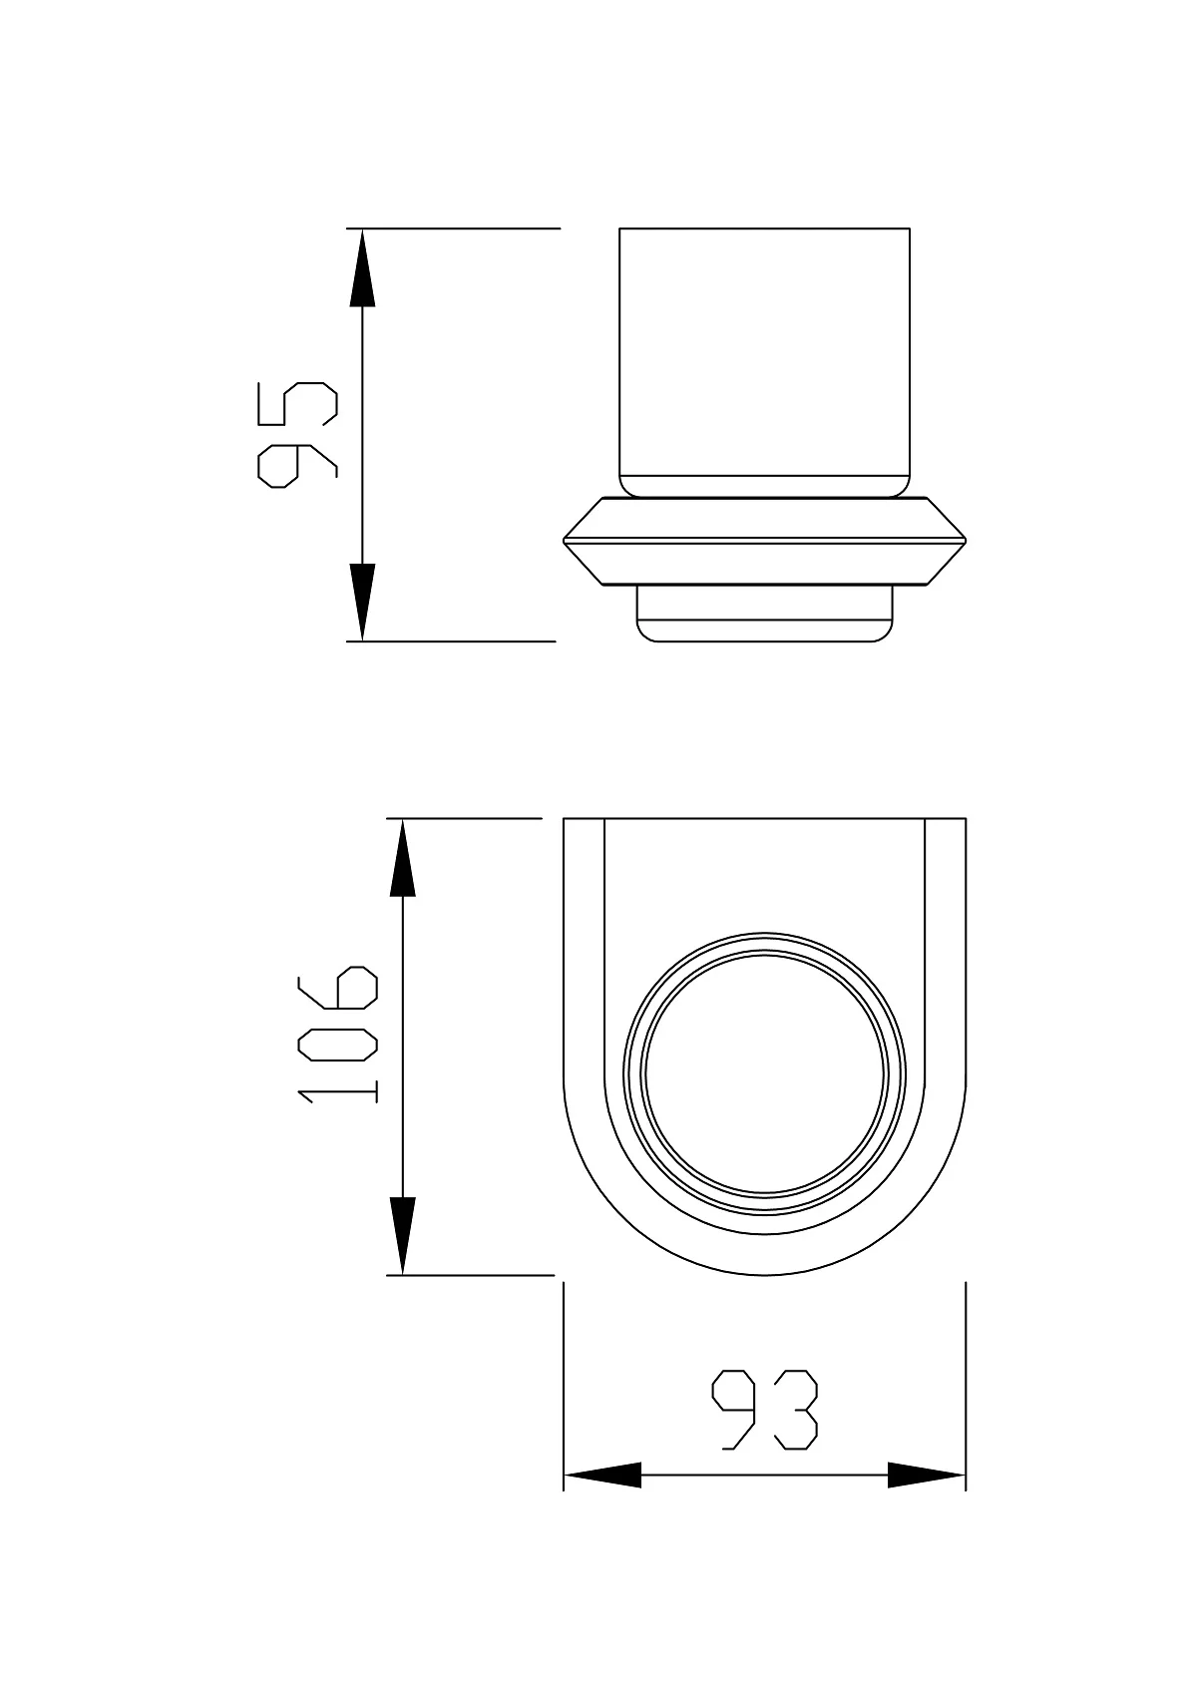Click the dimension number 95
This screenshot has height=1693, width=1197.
tap(297, 435)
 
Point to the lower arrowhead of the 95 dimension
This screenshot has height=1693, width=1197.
tap(362, 602)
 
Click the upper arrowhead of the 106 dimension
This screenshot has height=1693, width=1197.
tap(402, 858)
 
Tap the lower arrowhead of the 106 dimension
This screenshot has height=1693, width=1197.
tap(402, 1236)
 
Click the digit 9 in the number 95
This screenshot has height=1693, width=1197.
tap(297, 463)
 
